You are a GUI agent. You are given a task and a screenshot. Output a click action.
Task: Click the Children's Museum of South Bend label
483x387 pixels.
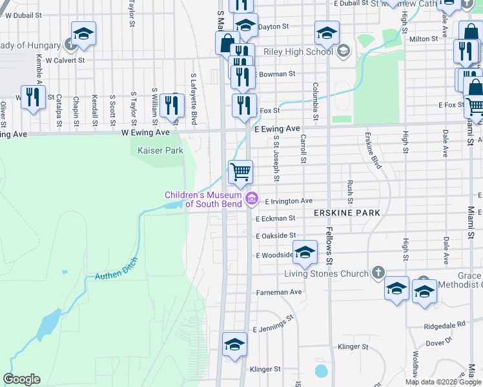[203, 199]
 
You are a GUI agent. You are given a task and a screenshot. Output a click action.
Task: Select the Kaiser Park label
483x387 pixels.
[161, 150]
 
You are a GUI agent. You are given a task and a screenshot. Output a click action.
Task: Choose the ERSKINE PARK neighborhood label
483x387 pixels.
[346, 212]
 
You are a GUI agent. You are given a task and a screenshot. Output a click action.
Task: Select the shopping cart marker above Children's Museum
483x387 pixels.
[240, 172]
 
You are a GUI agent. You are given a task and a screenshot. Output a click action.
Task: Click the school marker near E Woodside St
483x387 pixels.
[305, 252]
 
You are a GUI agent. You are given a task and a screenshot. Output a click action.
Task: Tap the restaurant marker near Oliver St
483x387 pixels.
[33, 97]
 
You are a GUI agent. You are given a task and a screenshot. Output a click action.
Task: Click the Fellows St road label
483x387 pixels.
[329, 246]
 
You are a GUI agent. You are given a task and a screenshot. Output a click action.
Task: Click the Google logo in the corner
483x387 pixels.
[21, 379]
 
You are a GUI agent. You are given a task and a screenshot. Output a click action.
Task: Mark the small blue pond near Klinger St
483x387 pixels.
[321, 371]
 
